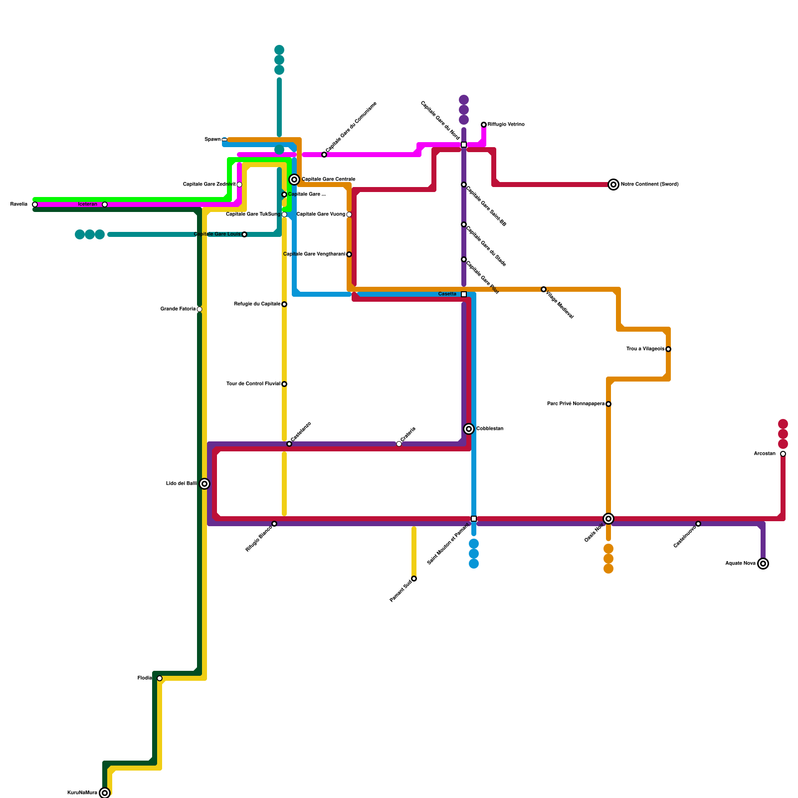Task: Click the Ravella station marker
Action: click(x=35, y=204)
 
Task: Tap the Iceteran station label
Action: click(x=88, y=204)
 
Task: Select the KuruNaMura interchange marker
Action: click(x=105, y=793)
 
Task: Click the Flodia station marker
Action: click(x=160, y=678)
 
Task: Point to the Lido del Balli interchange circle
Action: click(x=204, y=484)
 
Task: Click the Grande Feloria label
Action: click(x=178, y=309)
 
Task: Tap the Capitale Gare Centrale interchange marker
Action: click(x=294, y=180)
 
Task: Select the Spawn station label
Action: click(x=212, y=140)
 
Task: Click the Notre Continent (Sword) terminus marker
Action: click(x=613, y=185)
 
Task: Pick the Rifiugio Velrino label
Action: click(x=506, y=125)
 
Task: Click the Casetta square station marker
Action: click(x=464, y=294)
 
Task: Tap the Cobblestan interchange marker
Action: click(x=469, y=429)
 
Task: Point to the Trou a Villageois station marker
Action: click(x=668, y=349)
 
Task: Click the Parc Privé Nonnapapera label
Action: click(x=576, y=404)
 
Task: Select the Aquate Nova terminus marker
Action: click(x=763, y=564)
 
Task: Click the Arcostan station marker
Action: click(x=783, y=454)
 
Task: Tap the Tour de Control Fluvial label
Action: click(x=253, y=384)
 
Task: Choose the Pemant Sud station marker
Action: click(x=414, y=579)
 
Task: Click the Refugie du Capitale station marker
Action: click(x=284, y=304)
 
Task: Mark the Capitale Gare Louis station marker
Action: click(x=244, y=234)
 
